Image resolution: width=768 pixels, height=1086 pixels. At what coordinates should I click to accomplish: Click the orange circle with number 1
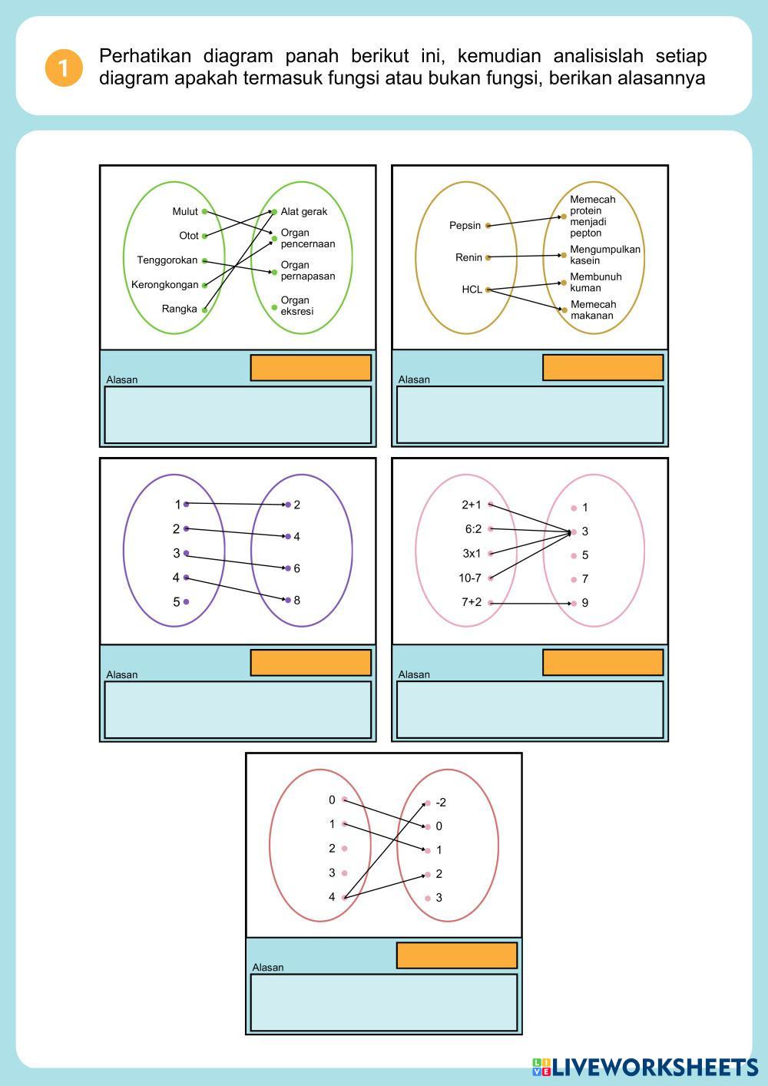point(63,68)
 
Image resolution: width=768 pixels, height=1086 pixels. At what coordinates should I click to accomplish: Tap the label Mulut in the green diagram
point(185,211)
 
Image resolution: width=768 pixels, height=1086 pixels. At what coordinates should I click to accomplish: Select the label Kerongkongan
point(164,285)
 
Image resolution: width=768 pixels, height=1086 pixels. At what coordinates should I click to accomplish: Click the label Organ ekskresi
point(296,306)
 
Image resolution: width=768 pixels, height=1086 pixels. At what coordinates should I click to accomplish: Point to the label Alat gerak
point(303,212)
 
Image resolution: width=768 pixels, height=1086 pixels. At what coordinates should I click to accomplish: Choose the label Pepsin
point(465,226)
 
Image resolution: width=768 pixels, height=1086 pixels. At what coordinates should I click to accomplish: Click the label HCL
point(472,290)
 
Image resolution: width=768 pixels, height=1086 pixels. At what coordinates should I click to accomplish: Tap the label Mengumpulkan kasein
point(604,255)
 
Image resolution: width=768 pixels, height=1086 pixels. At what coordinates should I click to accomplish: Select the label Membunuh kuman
point(595,282)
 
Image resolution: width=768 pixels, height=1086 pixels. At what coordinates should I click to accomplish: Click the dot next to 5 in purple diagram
point(187,602)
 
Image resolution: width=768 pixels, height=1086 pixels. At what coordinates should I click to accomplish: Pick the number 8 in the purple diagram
point(296,600)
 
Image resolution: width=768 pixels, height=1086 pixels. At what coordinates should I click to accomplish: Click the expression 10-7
point(470,578)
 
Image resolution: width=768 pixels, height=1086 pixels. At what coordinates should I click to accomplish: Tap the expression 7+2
point(471,602)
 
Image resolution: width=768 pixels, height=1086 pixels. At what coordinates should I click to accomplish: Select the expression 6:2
point(473,529)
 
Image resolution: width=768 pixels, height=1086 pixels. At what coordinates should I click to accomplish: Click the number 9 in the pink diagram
point(585,603)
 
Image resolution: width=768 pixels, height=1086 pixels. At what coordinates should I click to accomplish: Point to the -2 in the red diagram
point(440,803)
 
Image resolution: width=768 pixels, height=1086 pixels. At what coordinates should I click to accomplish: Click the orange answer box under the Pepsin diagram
point(603,367)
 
